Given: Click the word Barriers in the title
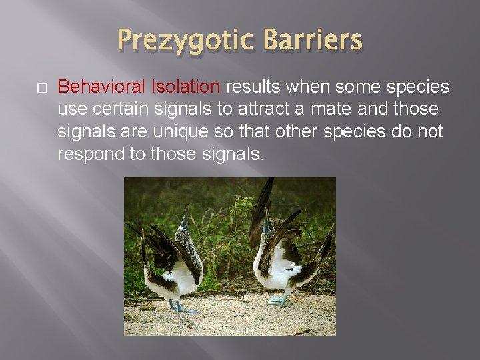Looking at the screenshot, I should coord(313,41).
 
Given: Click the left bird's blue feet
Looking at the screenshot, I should coord(181,307).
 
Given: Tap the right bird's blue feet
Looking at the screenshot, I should coord(277,300).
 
